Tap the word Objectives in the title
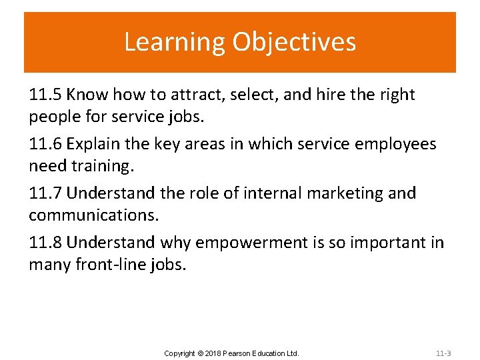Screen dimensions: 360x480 point(294,42)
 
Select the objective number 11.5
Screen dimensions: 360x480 point(45,95)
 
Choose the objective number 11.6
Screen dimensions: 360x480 point(45,144)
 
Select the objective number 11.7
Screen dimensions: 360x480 point(45,193)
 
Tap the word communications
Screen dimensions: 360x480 point(89,216)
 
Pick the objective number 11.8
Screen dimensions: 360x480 point(45,243)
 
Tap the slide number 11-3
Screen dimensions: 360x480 point(443,353)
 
